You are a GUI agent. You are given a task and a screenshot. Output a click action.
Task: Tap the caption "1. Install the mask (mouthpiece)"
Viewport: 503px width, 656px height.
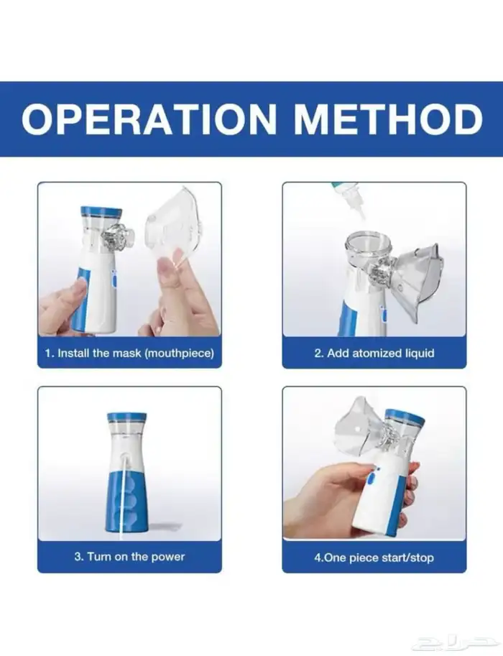[129, 353]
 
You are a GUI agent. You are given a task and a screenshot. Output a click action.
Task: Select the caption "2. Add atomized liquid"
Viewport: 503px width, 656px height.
[374, 353]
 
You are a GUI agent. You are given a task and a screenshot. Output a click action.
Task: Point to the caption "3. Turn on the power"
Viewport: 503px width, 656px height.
[129, 557]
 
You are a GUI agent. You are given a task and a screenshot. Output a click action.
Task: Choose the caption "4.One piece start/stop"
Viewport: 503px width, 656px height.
[374, 558]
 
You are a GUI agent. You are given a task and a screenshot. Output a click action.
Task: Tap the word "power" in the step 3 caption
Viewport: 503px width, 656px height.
[168, 558]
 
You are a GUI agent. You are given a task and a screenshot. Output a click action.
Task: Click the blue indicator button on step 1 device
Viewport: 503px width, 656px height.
[114, 278]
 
